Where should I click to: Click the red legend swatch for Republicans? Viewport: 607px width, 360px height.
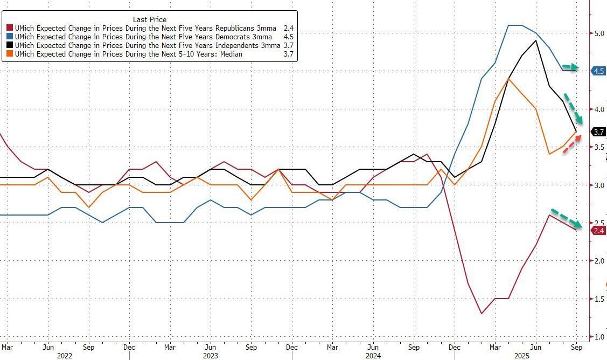[x=10, y=28]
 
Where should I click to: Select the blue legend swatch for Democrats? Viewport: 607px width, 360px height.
[x=10, y=37]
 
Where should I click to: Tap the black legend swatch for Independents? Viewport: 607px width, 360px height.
[x=10, y=46]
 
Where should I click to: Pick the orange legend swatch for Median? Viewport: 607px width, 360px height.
[x=10, y=54]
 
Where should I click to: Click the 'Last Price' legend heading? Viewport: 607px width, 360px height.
[x=150, y=19]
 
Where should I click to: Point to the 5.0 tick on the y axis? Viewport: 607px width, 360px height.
[x=599, y=33]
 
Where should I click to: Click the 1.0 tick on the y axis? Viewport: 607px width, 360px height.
[x=599, y=337]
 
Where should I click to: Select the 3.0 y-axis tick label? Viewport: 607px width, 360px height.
[x=599, y=185]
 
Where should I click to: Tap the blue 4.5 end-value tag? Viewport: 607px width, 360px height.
[x=598, y=71]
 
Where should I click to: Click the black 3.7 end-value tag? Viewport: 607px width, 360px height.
[x=598, y=131]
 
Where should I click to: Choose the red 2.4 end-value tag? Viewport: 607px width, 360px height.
[x=598, y=231]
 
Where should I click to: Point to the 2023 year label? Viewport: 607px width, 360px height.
[x=210, y=356]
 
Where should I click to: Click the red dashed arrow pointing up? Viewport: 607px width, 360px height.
[x=573, y=144]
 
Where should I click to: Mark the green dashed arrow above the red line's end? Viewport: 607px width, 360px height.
[x=566, y=218]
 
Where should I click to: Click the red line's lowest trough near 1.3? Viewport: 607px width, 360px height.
[x=481, y=313]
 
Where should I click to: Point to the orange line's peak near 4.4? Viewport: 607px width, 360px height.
[x=508, y=79]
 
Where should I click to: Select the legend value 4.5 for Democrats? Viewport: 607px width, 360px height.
[x=289, y=37]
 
